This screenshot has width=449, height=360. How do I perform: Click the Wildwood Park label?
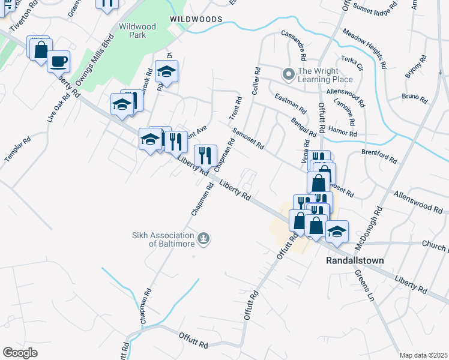[x=137, y=31]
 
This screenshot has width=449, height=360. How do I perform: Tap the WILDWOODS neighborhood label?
[x=196, y=19]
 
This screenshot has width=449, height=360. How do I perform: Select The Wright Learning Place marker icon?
[x=288, y=74]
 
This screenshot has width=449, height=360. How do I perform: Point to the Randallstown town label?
[x=354, y=260]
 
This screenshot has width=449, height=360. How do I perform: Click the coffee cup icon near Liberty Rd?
[x=59, y=61]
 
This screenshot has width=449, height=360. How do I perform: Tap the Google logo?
[x=20, y=352]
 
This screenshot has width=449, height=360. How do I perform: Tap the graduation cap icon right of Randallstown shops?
[x=337, y=232]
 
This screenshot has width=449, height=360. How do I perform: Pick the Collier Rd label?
[x=256, y=80]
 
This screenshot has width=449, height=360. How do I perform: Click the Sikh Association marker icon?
[x=204, y=239]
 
